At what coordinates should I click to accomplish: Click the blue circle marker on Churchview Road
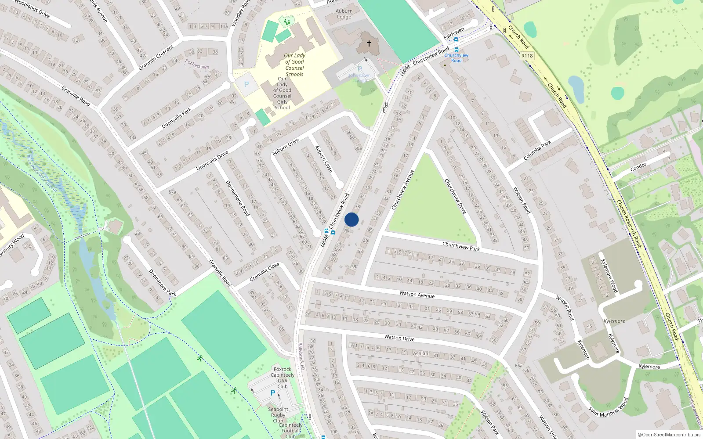tap(351, 219)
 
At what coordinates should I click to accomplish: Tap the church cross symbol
tap(369, 43)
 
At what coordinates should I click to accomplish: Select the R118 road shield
tap(527, 56)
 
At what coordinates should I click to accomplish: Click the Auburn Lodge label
tap(344, 14)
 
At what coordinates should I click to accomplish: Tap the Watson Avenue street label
tap(417, 294)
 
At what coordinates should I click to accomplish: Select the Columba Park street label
tap(537, 150)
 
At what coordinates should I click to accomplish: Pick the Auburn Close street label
tap(324, 159)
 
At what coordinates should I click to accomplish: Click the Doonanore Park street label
tap(162, 282)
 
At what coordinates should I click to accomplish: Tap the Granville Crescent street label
tap(156, 58)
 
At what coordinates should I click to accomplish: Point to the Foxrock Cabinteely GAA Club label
tap(283, 378)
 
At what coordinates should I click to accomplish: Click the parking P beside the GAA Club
tap(273, 393)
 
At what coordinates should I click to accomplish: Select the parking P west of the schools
tap(246, 84)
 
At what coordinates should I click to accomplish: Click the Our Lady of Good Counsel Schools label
tap(294, 65)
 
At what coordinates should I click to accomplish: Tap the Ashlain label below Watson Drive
tap(420, 353)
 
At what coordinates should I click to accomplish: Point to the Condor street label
tap(638, 167)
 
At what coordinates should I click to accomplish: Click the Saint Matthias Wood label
tap(609, 407)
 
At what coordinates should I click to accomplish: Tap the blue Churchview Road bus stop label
tap(456, 58)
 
